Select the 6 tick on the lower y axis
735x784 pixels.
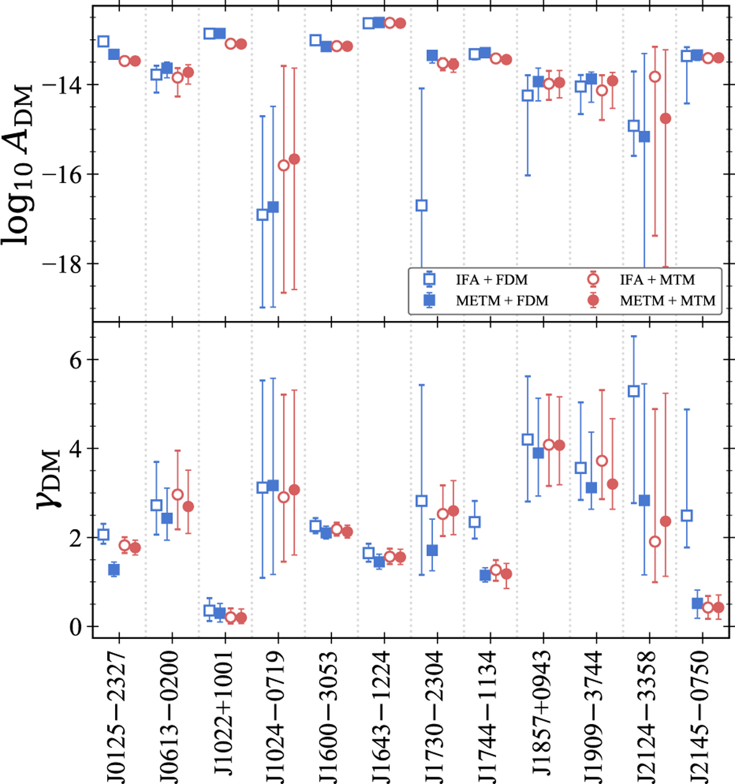point(76,360)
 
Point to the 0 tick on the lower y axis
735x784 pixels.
point(76,628)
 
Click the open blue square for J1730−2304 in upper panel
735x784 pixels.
point(421,205)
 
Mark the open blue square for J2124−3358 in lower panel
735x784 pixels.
point(634,391)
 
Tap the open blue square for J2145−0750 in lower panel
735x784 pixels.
point(687,515)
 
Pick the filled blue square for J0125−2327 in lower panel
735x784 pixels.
point(114,570)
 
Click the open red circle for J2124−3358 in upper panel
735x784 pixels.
point(655,77)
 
